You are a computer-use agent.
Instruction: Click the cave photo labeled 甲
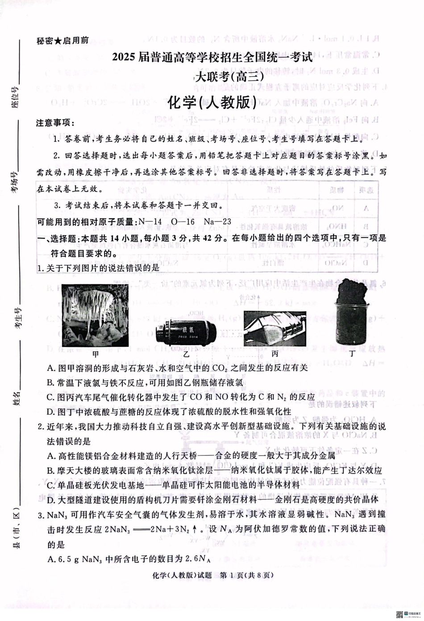click(95, 316)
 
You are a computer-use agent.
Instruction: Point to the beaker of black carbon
click(353, 318)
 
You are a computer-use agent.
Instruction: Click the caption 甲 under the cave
click(95, 354)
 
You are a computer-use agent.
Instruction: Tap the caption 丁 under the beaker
click(353, 353)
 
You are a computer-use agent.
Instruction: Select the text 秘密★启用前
click(62, 41)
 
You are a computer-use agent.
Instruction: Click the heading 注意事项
click(55, 123)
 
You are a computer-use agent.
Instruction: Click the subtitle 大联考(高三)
click(230, 77)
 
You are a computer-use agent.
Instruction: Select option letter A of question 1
click(50, 368)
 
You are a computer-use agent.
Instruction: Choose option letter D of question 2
click(50, 500)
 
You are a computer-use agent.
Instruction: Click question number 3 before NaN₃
click(40, 515)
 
